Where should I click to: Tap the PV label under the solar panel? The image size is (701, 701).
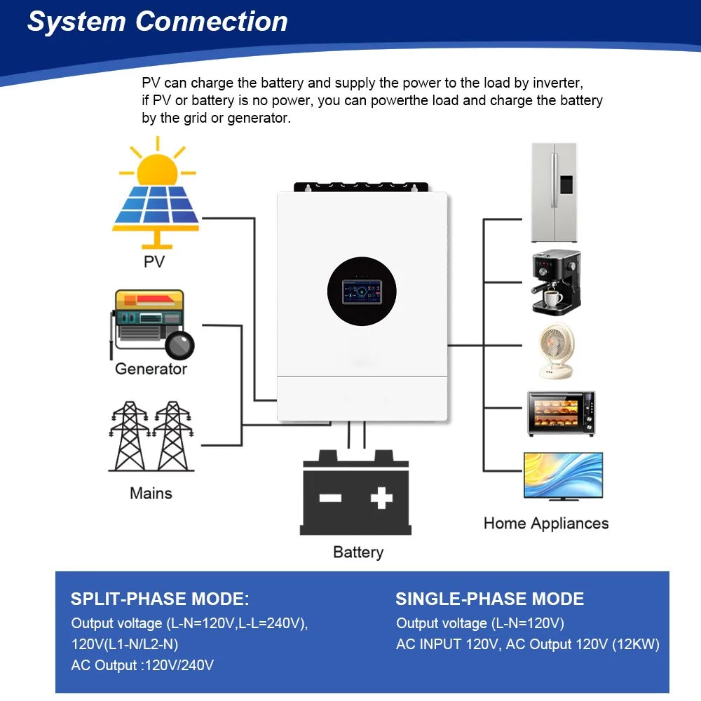[x=154, y=261]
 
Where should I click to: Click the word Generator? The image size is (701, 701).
[x=151, y=369]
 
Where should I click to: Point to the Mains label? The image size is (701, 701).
[x=151, y=494]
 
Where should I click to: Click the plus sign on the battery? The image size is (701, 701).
[x=381, y=498]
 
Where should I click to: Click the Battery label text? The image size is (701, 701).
[x=358, y=552]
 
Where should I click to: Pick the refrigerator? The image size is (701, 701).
[x=554, y=193]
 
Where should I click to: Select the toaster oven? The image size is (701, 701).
[x=561, y=414]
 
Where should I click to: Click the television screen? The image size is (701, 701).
[x=563, y=475]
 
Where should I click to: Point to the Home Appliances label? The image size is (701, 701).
[x=546, y=524]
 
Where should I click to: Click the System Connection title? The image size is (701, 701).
[x=158, y=22]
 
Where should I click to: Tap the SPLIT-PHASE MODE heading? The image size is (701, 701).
[x=160, y=599]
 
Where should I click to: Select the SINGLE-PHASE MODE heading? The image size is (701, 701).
[x=489, y=599]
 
